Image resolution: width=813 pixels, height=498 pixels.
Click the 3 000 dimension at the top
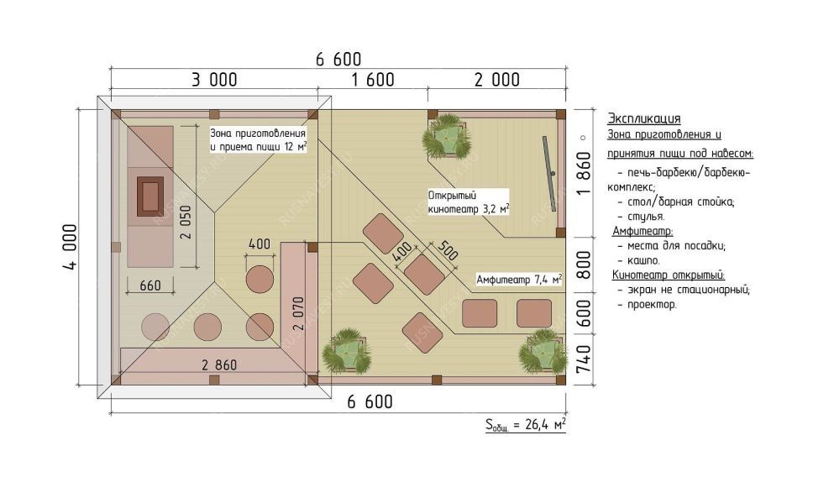214,80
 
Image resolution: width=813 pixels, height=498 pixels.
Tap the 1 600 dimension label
373,80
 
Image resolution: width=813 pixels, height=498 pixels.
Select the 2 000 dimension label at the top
496,80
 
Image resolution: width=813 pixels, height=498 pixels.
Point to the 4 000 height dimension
70,247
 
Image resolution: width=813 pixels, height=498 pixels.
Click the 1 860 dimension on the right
584,173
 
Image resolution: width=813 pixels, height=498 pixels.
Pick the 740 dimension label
584,359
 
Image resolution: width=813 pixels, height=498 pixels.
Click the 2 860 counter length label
219,365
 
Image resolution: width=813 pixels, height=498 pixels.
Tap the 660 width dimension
150,286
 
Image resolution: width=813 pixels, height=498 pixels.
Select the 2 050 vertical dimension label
186,223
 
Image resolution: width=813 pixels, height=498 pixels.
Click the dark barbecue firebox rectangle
150,197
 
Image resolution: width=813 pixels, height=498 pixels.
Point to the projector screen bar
549,174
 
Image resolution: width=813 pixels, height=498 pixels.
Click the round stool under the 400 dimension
260,280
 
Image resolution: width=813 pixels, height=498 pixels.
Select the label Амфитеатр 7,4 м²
519,280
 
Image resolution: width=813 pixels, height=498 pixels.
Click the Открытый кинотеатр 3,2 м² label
468,202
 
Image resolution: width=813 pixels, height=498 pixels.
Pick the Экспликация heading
643,118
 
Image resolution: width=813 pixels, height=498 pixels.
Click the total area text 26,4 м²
545,425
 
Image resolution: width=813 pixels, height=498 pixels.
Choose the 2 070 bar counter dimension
299,313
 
